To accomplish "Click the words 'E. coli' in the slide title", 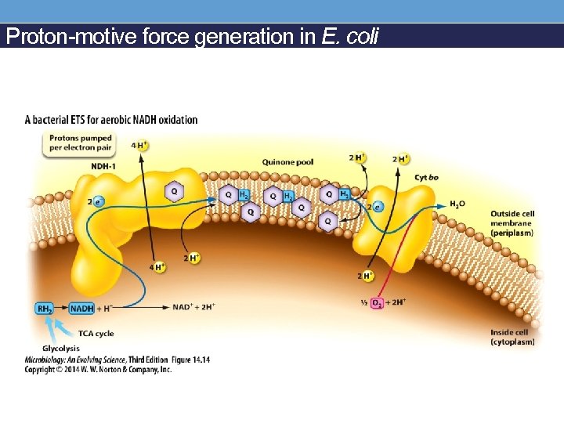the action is pos(350,37).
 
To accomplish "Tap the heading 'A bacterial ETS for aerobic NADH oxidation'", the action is pos(111,120).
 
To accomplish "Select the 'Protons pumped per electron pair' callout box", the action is pos(81,143).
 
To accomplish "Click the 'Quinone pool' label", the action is pos(287,162).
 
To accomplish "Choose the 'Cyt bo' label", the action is pos(426,178).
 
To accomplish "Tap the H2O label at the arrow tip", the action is pos(457,204).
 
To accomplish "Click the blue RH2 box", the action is pos(46,309).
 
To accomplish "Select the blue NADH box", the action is pos(83,309).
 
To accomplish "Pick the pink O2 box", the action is pos(378,302).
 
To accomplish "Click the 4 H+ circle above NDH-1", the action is pos(139,145).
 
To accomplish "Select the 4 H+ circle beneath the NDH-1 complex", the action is pos(158,267).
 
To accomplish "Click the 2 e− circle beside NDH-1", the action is pos(97,201).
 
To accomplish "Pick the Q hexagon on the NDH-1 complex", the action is pos(175,191).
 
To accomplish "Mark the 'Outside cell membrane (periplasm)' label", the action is pos(512,223).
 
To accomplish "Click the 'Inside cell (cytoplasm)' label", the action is pos(512,338).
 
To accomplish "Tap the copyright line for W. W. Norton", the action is pos(98,368).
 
